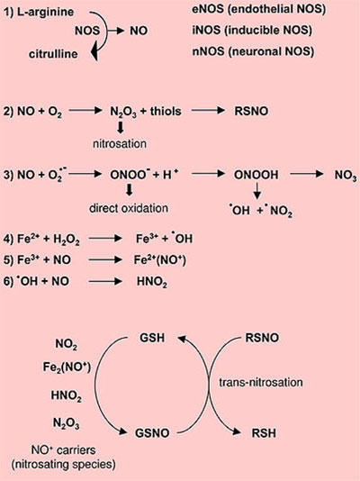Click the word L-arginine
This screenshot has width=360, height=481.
[45, 12]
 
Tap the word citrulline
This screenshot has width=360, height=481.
[53, 54]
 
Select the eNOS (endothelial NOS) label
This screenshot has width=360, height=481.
[259, 10]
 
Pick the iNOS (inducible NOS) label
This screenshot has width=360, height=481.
[252, 31]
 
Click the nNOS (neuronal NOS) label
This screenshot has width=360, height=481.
[253, 51]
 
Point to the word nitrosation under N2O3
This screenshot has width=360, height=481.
[120, 143]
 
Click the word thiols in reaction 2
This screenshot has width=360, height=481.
[166, 111]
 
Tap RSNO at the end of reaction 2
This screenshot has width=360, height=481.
[251, 111]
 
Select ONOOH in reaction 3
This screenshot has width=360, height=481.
[256, 175]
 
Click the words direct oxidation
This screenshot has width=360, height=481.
[129, 208]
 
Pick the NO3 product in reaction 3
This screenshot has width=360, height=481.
[346, 176]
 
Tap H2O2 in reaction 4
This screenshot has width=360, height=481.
[67, 240]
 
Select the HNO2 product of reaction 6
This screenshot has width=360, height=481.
[152, 282]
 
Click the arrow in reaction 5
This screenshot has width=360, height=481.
[105, 260]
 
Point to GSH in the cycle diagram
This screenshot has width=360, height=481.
[152, 338]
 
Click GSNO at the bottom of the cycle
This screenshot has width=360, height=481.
[152, 433]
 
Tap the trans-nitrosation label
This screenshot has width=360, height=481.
[261, 382]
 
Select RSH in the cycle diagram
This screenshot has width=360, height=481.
[264, 433]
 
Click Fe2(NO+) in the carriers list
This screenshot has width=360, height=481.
[67, 367]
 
